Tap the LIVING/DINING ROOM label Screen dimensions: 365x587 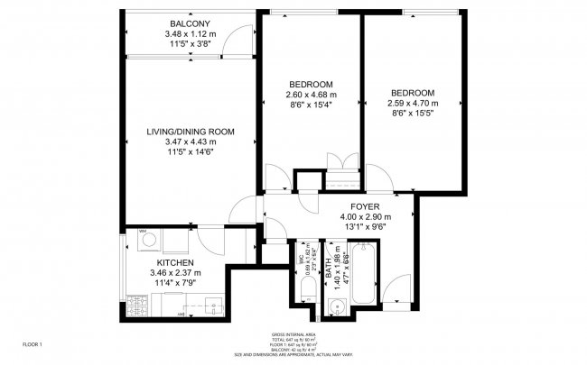[191, 132]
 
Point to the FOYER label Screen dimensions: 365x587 [365, 205]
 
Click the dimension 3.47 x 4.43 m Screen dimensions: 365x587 [191, 142]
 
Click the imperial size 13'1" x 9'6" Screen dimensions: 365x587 [365, 227]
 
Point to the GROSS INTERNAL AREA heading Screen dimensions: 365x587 [293, 334]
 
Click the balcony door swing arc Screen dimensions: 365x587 [238, 36]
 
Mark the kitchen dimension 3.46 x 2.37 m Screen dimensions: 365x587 [175, 272]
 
